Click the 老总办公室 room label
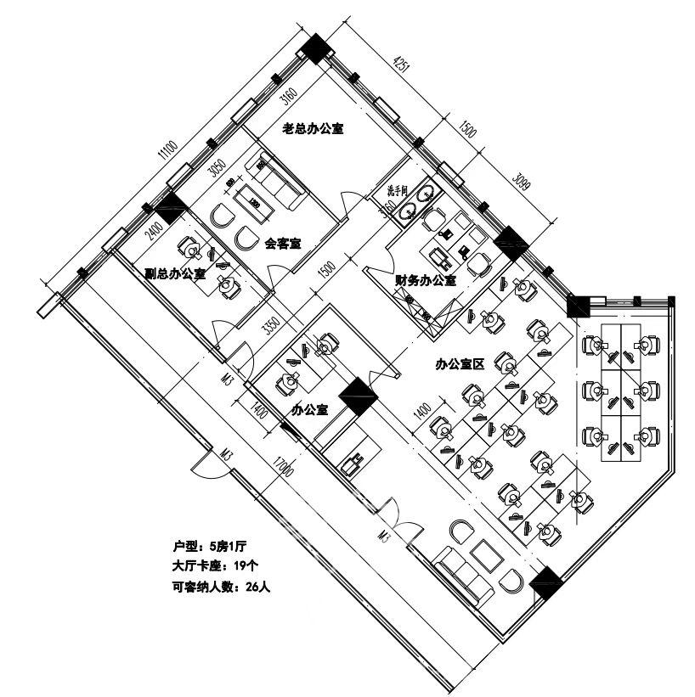tap(313, 130)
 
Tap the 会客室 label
tap(283, 244)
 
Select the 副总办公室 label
tap(174, 273)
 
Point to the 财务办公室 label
tap(425, 279)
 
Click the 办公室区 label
tap(459, 365)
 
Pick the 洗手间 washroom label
tap(398, 190)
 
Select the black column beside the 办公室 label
tap(358, 396)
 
